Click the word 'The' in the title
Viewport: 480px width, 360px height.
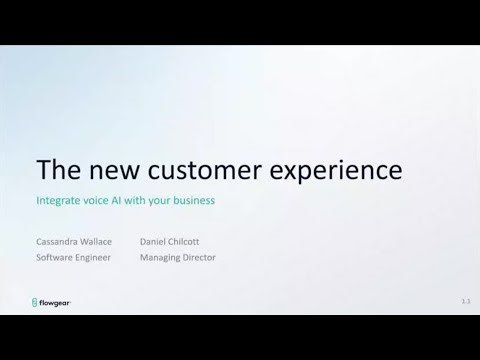click(x=57, y=169)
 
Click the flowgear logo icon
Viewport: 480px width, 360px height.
click(x=37, y=300)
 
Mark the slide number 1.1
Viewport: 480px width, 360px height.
click(x=466, y=300)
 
